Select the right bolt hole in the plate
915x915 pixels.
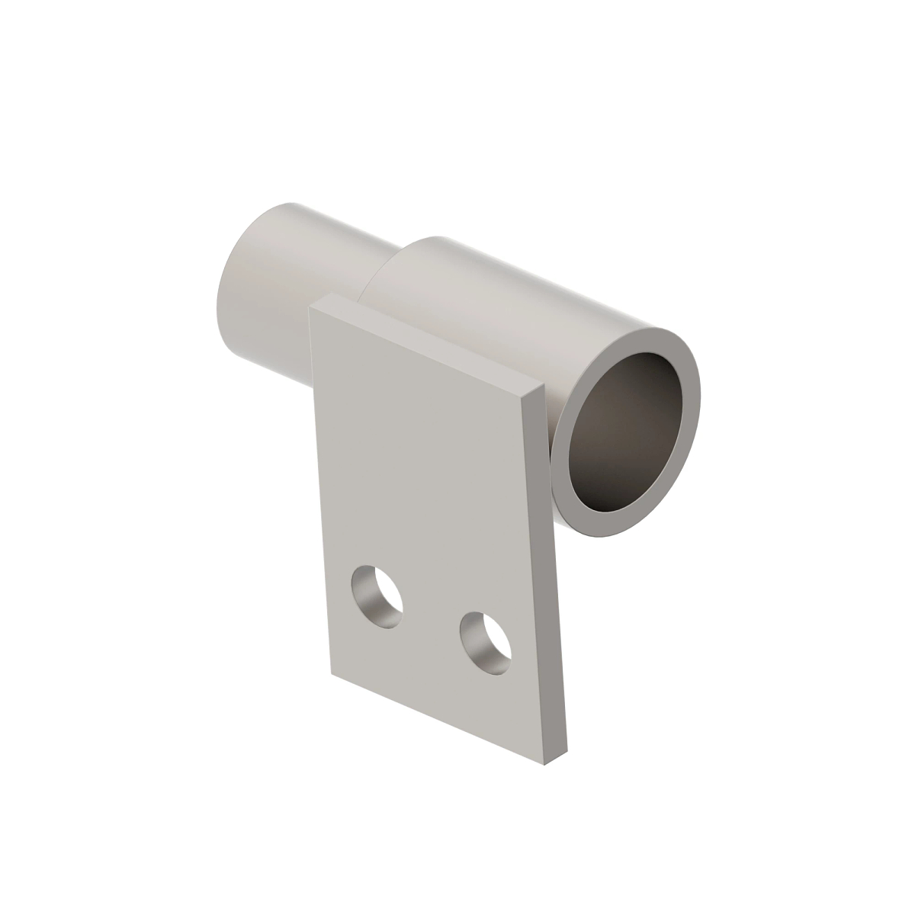click(x=486, y=642)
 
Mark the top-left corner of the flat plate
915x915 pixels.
click(x=310, y=307)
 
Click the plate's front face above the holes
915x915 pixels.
click(x=427, y=473)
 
